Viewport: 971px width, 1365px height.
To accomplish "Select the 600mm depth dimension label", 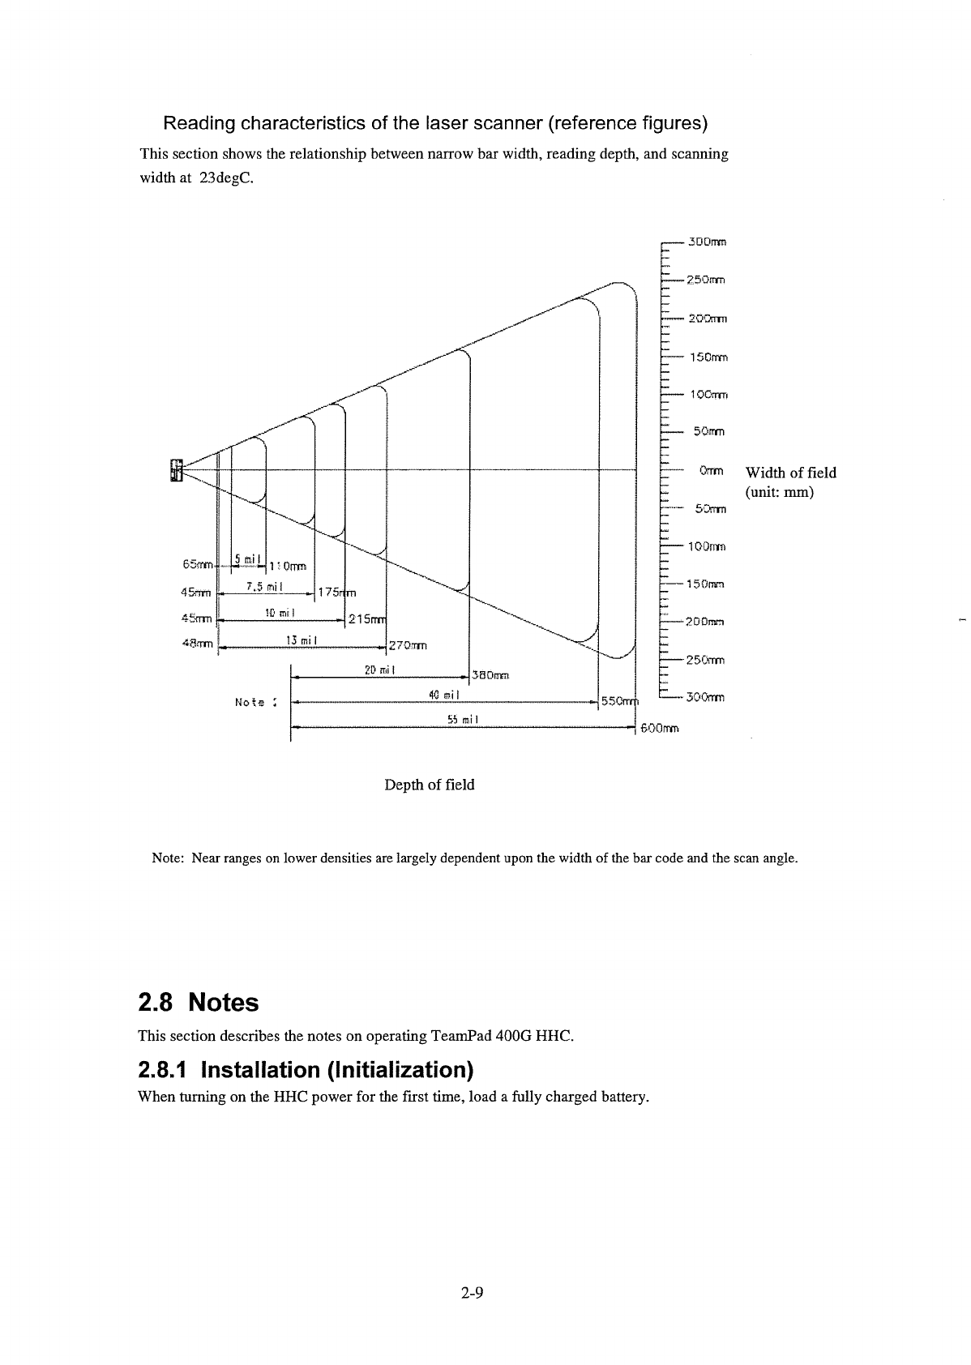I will click(x=659, y=729).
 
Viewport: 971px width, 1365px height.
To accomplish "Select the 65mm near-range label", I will click(x=198, y=563).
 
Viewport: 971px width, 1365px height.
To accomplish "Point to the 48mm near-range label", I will click(x=198, y=645).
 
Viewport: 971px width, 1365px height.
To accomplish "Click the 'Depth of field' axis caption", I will click(x=430, y=785).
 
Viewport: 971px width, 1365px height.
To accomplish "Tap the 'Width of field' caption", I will click(x=790, y=473).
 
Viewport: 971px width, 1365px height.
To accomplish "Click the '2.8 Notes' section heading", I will click(x=199, y=1003).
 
